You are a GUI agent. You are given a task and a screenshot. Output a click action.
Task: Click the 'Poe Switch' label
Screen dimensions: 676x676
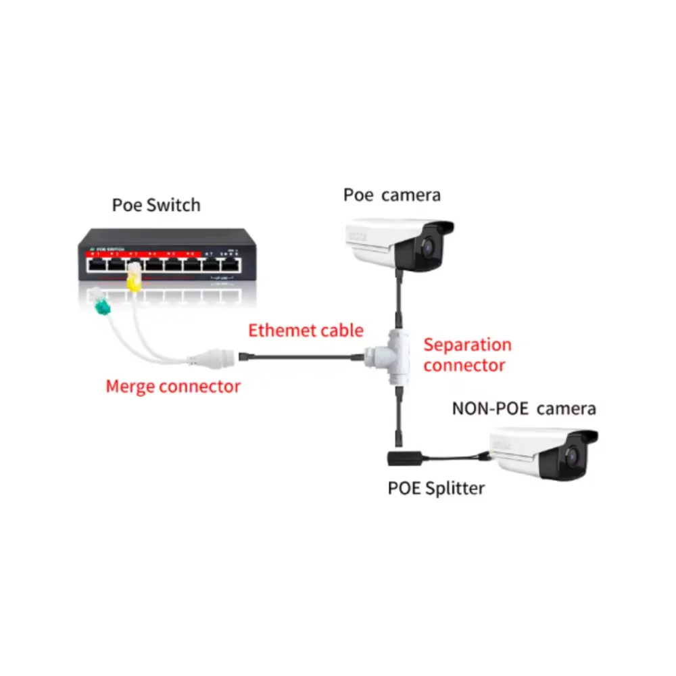[x=156, y=205]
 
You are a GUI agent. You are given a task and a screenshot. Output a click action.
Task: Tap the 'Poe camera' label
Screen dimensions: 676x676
[x=391, y=195]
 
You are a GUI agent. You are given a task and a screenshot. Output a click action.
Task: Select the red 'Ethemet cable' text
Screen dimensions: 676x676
[x=306, y=331]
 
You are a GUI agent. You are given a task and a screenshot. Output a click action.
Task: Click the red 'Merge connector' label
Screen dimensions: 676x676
[x=173, y=387]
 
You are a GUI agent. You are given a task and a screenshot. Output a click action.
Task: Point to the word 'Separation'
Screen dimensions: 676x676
[x=467, y=345]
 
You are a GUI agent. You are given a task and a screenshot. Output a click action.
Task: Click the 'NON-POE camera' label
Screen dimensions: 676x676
[x=524, y=408]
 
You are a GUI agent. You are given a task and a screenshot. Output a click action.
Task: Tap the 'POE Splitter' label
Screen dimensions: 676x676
[x=436, y=487]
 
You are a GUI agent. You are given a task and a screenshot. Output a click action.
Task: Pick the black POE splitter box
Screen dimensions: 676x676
[x=404, y=458]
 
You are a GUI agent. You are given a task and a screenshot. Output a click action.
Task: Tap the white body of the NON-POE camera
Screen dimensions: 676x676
[x=521, y=452]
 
